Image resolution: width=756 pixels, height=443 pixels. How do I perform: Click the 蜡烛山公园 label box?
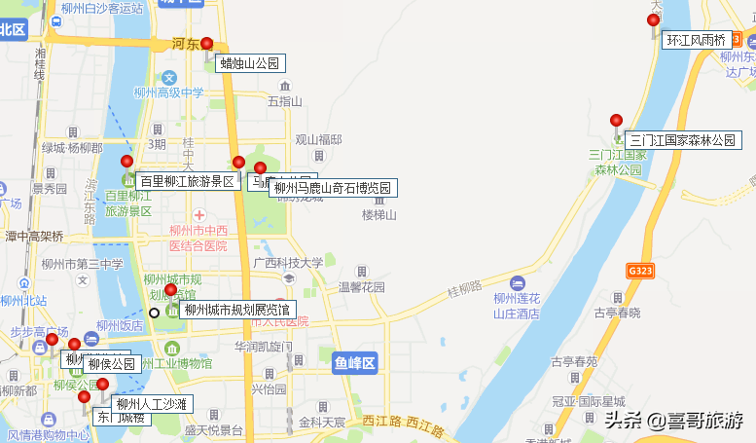pos(250,64)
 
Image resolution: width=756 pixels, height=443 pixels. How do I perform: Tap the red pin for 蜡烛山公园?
pos(206,44)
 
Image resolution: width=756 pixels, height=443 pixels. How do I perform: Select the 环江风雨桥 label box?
pos(697,41)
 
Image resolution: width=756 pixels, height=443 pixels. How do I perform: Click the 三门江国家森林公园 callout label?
pos(683,140)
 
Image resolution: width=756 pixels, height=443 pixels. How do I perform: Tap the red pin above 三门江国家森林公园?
pos(616,121)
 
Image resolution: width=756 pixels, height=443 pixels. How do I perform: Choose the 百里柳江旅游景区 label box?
pos(188,181)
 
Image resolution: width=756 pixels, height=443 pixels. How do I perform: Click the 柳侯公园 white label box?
pos(111,364)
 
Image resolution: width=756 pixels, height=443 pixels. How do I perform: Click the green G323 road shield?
pos(639,270)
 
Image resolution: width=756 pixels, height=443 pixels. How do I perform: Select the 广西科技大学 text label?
pos(288,263)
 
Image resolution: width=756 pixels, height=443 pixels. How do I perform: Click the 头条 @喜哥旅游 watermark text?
pos(673,421)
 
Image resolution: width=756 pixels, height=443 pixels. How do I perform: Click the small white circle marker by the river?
pos(154,313)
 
